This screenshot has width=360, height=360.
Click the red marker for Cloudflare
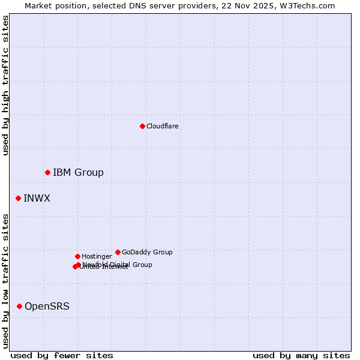coord(142,126)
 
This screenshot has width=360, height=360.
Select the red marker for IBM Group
coord(47,172)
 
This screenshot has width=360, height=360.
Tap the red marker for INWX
coord(18,198)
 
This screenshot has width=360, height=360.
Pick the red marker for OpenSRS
coord(19,306)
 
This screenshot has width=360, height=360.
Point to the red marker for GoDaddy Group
coord(118,252)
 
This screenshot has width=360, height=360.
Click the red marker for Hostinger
coord(77,256)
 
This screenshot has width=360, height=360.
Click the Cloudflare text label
coord(163,126)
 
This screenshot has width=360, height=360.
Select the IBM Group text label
coord(78,173)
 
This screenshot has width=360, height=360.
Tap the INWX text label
coord(37,199)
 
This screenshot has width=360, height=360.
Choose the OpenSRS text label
coord(47,307)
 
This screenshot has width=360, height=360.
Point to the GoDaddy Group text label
coord(147,252)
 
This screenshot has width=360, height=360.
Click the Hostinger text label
coord(97,256)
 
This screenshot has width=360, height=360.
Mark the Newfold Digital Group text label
coord(118,265)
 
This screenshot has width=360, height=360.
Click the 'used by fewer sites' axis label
coord(62,355)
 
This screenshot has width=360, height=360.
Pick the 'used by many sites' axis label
coord(301,355)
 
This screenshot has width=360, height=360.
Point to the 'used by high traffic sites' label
coord(5,85)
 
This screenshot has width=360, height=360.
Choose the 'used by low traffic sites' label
coord(5,280)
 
